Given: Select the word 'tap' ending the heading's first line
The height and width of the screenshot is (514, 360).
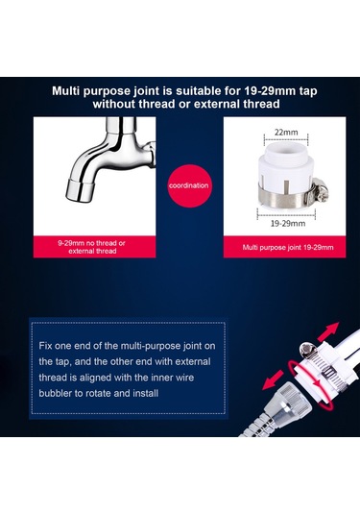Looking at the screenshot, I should click(x=300, y=91).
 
